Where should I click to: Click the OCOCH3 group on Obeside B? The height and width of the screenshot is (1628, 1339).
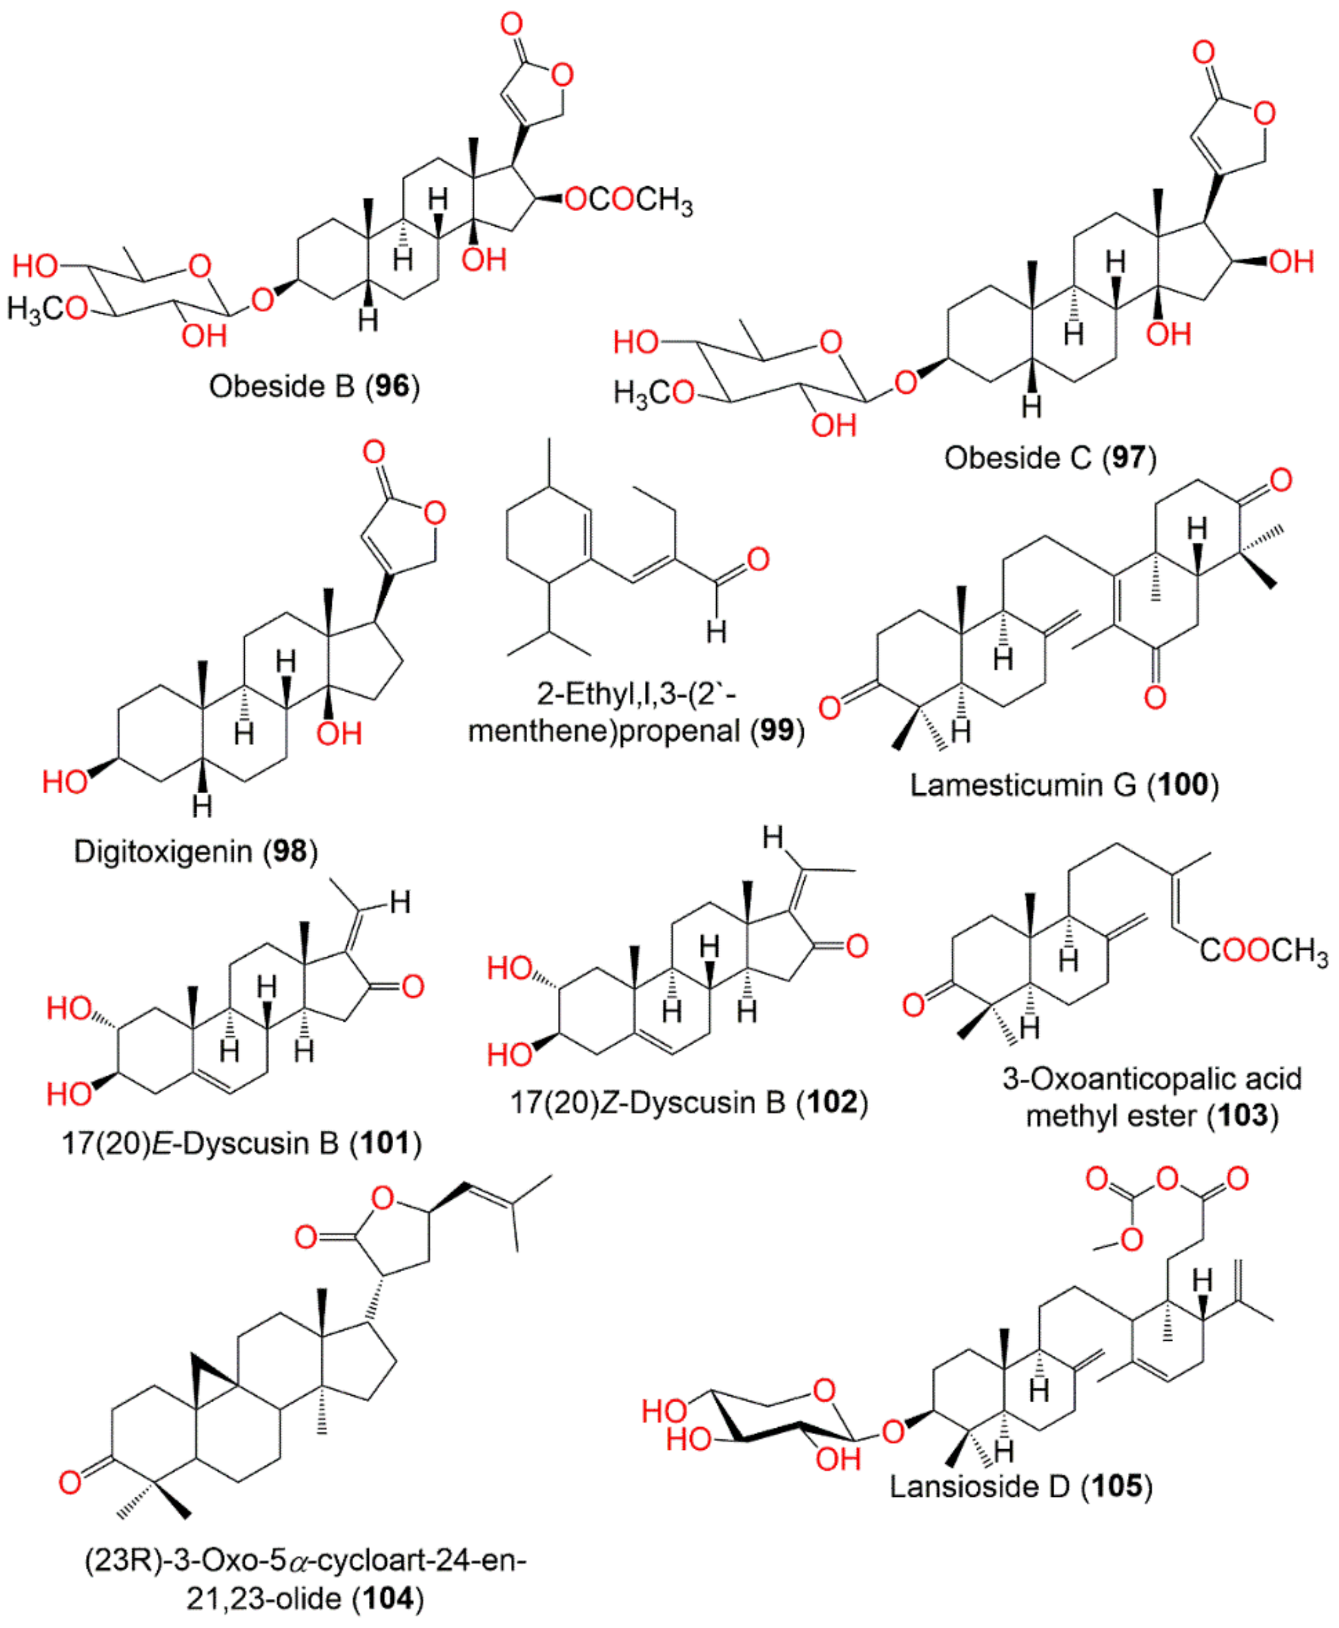(x=629, y=200)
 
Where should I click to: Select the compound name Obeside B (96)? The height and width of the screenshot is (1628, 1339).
(x=314, y=386)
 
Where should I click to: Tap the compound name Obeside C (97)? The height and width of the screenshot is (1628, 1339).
(x=1050, y=457)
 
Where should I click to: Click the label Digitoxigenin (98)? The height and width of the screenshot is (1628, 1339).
(x=195, y=852)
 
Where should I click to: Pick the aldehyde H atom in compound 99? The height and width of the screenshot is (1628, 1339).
(x=716, y=632)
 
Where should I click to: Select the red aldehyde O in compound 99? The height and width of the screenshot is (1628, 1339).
(x=757, y=559)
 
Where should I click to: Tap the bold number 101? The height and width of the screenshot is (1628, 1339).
(x=386, y=1143)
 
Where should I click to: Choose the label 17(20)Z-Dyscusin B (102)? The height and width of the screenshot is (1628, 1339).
(x=689, y=1102)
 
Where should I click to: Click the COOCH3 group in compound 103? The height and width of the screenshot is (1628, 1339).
(x=1263, y=951)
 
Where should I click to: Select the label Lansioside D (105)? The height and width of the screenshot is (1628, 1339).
(x=1020, y=1485)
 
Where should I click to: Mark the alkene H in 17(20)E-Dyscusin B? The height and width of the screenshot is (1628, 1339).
(x=400, y=902)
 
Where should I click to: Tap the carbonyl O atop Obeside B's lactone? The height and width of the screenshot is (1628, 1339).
(x=512, y=24)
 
